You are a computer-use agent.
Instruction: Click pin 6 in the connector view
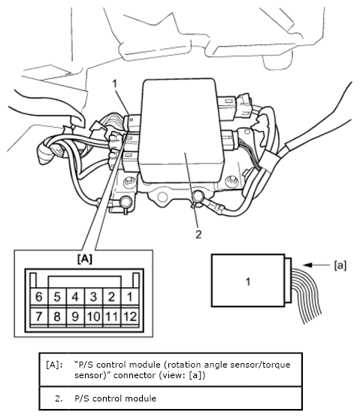pyautogui.click(x=39, y=297)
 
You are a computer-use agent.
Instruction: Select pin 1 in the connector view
pyautogui.click(x=130, y=297)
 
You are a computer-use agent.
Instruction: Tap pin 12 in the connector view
pyautogui.click(x=130, y=317)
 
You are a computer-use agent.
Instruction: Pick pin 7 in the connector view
pyautogui.click(x=39, y=317)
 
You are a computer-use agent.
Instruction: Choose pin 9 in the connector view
pyautogui.click(x=75, y=317)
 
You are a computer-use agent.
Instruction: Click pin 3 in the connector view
pyautogui.click(x=93, y=297)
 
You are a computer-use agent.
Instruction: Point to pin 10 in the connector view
pyautogui.click(x=93, y=317)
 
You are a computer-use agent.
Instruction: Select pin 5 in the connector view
pyautogui.click(x=57, y=297)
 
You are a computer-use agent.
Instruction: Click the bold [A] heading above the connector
pyautogui.click(x=85, y=259)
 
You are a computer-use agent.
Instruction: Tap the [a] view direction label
pyautogui.click(x=340, y=265)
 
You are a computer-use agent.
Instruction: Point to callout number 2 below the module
pyautogui.click(x=198, y=235)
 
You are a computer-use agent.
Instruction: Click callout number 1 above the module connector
pyautogui.click(x=115, y=83)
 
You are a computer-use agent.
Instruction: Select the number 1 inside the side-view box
pyautogui.click(x=248, y=282)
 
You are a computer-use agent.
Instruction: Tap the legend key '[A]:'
pyautogui.click(x=55, y=365)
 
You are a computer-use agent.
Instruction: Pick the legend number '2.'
pyautogui.click(x=59, y=398)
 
